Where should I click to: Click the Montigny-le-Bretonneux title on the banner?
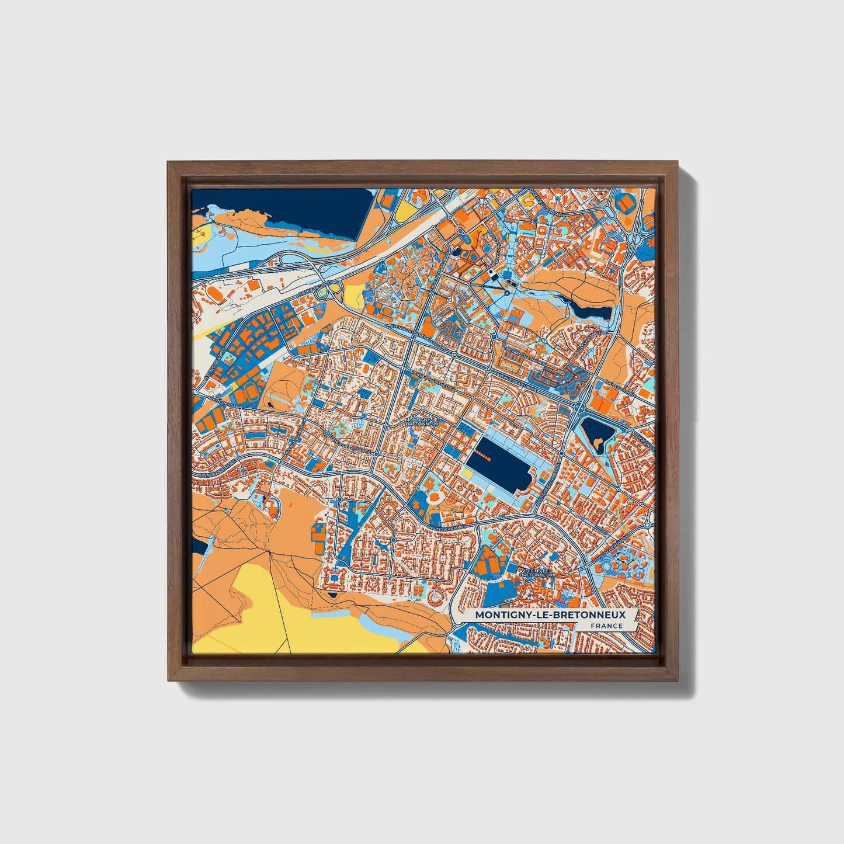[550, 614]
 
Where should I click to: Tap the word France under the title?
[606, 626]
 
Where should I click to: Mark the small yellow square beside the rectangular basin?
[468, 474]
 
